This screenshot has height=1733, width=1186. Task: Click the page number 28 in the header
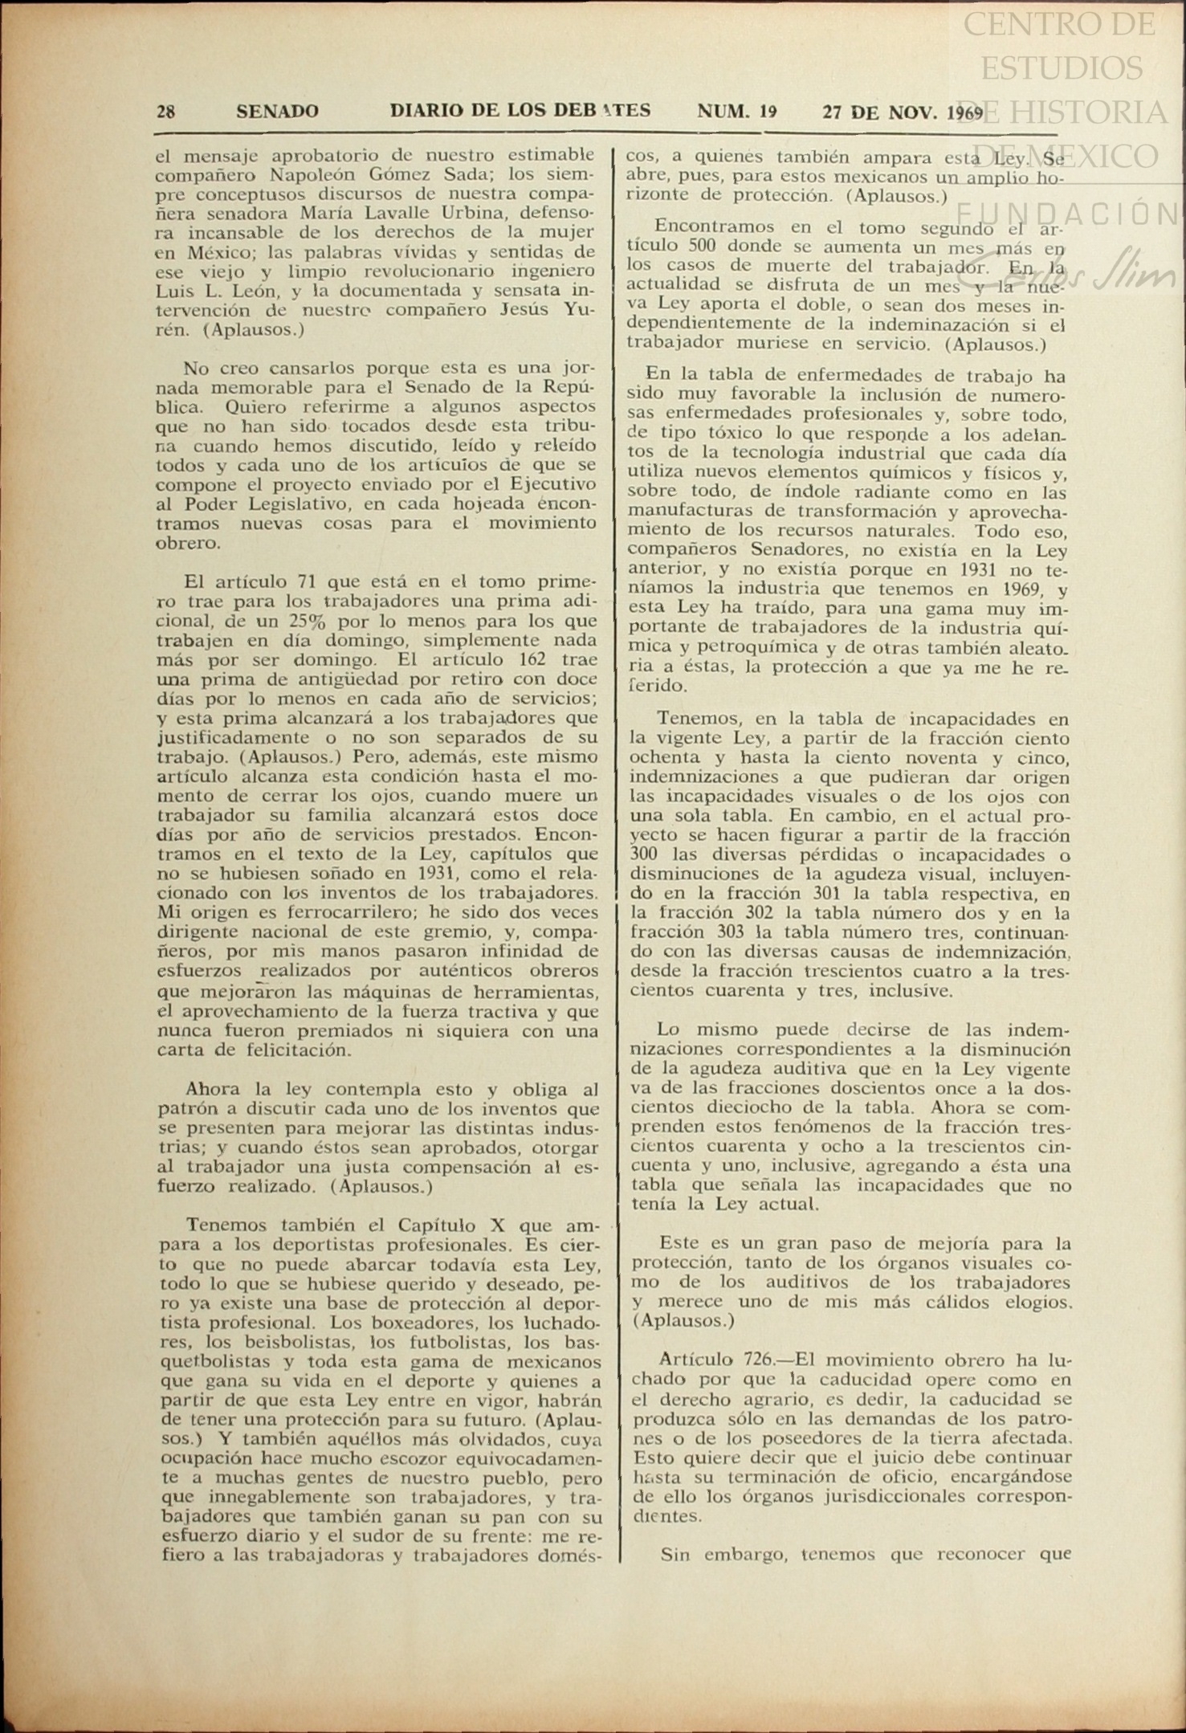(166, 112)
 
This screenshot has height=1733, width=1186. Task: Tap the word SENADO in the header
(277, 112)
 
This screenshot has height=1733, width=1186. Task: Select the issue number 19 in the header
(767, 111)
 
